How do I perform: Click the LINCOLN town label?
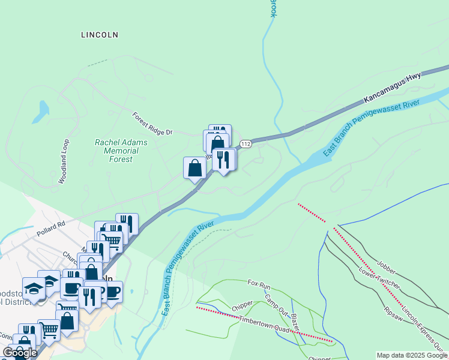(x=100, y=35)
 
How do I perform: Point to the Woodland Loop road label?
(x=64, y=161)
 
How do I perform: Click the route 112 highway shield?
(x=246, y=144)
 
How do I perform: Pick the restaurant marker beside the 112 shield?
(x=224, y=160)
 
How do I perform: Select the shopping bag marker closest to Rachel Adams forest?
(x=194, y=167)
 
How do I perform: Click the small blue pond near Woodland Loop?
(x=43, y=109)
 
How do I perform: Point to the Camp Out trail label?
(x=276, y=303)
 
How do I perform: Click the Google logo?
(x=20, y=353)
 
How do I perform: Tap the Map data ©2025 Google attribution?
(x=412, y=355)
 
